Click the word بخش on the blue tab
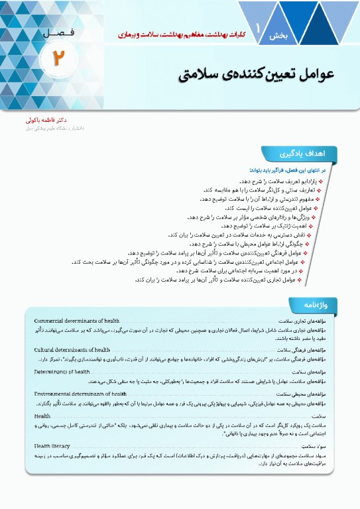coord(277,37)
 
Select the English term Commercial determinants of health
coord(77,321)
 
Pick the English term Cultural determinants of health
coord(72,349)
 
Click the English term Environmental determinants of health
coord(80,394)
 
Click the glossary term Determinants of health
coord(62,372)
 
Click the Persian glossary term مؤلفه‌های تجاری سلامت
coord(305,321)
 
